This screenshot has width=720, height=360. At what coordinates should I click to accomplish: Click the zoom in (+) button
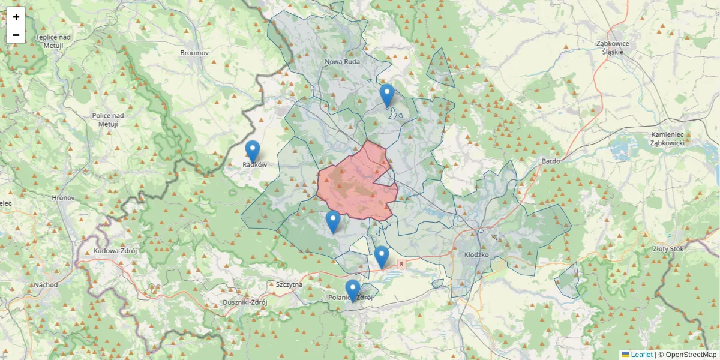16,17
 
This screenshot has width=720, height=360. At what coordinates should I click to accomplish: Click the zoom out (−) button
16,35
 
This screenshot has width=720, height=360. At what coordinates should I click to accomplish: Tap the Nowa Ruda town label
342,62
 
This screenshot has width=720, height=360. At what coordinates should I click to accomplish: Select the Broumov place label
194,53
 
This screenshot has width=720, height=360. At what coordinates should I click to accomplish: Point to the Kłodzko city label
477,254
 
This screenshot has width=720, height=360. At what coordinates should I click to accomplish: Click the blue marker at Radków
253,150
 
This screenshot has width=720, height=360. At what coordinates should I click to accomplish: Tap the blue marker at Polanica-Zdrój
353,289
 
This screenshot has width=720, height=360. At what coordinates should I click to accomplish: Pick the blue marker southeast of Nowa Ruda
387,94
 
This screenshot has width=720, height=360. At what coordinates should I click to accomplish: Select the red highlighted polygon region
354,183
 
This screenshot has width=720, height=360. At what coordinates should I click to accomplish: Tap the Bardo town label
550,161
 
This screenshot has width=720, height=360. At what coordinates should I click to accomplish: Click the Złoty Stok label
668,248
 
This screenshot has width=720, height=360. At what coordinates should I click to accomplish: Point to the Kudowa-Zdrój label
114,250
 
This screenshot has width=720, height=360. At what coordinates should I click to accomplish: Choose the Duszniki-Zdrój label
244,302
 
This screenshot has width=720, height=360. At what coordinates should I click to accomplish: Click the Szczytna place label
289,284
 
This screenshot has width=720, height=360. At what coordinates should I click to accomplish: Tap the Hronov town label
63,197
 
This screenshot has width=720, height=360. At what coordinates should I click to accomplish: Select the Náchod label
46,284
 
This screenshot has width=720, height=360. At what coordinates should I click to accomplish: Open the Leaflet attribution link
641,355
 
